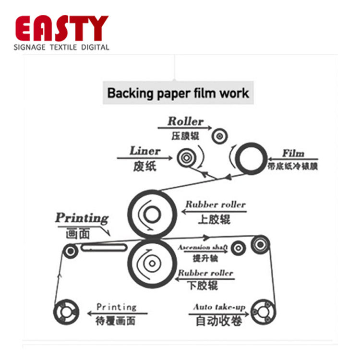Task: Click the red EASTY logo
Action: pos(61,28)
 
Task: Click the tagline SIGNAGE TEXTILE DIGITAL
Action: pos(61,47)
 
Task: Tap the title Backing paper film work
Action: pos(178,93)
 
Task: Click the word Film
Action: pos(293,154)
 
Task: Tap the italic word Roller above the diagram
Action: pos(185,121)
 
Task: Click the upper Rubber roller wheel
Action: pos(152,214)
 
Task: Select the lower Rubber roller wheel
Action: pos(152,263)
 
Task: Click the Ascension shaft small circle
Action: pos(238,248)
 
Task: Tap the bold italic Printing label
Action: pos(82,217)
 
